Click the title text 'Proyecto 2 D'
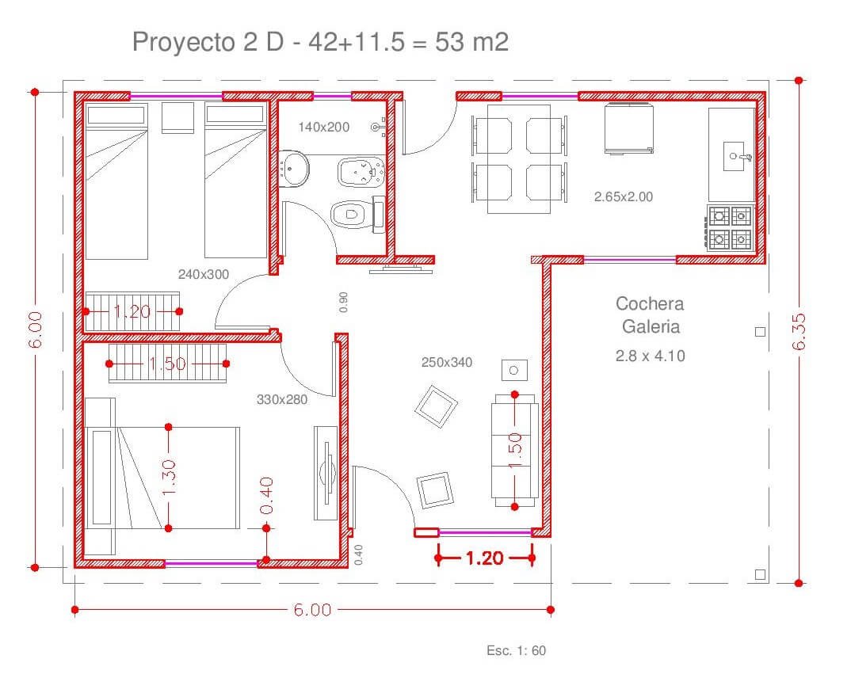208,42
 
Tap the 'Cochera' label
650,303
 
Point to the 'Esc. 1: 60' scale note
516,650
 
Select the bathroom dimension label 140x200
323,127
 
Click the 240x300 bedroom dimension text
204,275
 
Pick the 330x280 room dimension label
281,400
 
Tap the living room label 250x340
447,362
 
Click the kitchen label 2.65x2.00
624,197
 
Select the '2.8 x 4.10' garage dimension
651,356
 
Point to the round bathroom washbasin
294,169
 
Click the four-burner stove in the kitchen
731,228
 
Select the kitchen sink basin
733,156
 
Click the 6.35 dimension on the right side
799,331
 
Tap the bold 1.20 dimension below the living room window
485,558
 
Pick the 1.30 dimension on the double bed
169,478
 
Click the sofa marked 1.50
514,450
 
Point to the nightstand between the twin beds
178,117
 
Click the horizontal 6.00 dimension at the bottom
313,610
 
